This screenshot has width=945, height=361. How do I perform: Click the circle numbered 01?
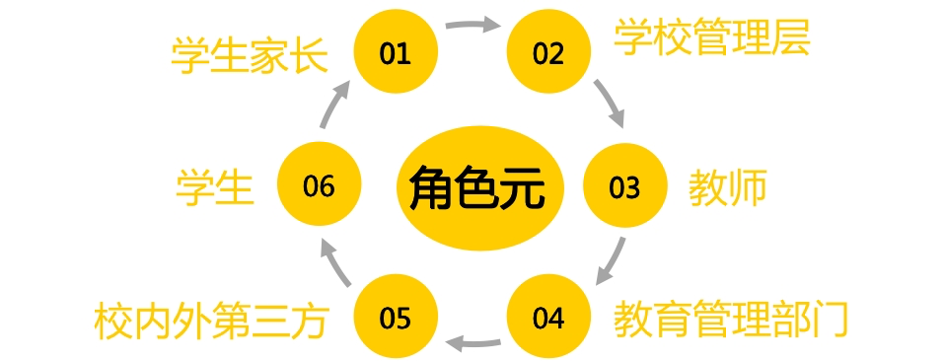pos(396,52)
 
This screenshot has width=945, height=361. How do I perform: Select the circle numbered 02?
pos(548,52)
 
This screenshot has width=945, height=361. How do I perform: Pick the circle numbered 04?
pos(548,317)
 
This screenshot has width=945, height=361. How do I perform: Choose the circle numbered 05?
pos(396,317)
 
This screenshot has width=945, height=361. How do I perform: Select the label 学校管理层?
pos(712,38)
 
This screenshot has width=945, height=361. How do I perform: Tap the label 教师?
pos(727,187)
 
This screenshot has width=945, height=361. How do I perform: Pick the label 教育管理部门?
pos(732,320)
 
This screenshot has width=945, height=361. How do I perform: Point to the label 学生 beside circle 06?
pos(215,187)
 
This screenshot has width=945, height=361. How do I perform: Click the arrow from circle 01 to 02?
pos(473,24)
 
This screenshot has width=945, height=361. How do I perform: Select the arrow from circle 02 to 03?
pos(610,103)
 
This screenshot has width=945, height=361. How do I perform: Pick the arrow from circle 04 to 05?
pos(472,345)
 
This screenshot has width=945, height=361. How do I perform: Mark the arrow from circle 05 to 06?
pos(333,262)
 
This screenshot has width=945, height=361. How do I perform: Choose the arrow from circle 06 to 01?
pos(333,104)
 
